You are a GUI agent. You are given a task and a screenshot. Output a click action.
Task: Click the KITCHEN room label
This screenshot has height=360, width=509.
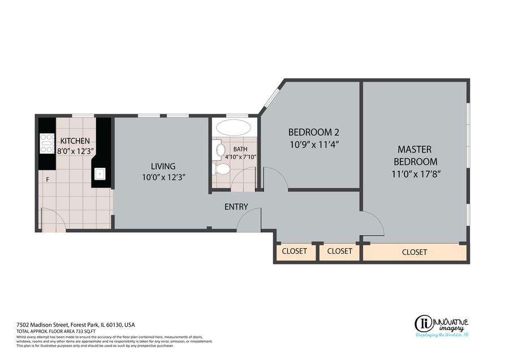(x=75, y=141)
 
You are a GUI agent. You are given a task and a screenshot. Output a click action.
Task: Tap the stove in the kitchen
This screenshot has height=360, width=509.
(x=46, y=144)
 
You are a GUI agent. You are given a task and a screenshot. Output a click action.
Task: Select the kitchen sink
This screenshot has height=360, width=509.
(x=100, y=174)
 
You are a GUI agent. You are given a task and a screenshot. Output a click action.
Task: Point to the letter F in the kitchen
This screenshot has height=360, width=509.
(x=48, y=179)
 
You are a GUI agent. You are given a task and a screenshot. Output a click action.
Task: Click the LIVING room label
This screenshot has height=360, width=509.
(x=163, y=166)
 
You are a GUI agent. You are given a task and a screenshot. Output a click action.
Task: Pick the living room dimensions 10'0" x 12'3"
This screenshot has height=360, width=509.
(x=163, y=177)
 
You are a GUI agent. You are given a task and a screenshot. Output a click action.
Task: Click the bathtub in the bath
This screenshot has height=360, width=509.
(x=234, y=128)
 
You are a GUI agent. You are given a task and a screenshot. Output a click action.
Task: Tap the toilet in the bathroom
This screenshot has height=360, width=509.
(x=221, y=169)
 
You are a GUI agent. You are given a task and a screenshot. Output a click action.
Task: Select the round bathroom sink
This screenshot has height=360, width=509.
(x=221, y=150)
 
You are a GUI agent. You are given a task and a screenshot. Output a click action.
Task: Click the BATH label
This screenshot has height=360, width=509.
(x=240, y=149)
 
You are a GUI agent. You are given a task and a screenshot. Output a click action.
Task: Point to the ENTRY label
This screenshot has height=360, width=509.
(x=236, y=207)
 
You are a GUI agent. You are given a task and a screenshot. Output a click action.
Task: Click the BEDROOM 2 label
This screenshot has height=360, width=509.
(x=314, y=132)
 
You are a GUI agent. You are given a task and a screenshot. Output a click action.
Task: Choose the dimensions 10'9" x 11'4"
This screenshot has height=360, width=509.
(x=314, y=144)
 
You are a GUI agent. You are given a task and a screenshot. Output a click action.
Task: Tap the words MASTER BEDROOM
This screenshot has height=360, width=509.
(x=415, y=155)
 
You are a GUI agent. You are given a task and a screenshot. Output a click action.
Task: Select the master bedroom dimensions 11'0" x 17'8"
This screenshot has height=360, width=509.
(x=416, y=174)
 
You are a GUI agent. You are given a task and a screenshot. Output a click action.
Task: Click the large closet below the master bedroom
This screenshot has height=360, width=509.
(x=415, y=252)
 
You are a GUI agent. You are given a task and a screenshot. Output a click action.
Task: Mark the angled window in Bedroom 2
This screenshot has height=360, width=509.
(x=271, y=97)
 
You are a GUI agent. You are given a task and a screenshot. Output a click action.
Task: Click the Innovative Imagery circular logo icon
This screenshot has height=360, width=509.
(x=423, y=324)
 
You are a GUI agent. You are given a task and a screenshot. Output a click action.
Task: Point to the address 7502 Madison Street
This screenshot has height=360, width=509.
(x=42, y=324)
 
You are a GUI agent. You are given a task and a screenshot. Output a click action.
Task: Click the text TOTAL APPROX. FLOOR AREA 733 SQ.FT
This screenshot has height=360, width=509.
(x=56, y=331)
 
